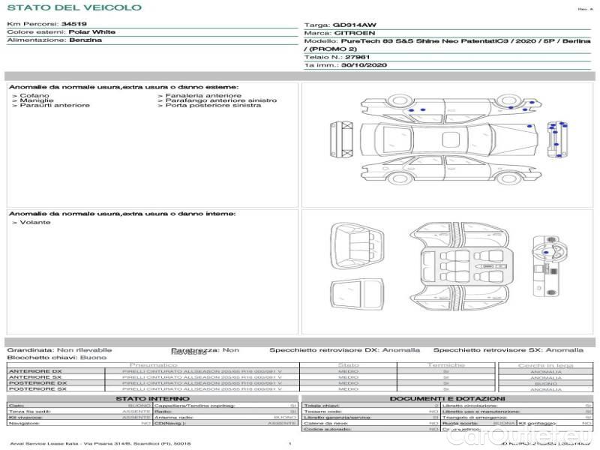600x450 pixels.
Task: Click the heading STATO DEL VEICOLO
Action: tap(73, 7)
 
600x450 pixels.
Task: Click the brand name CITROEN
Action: tap(350, 33)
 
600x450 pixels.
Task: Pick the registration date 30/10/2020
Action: tap(365, 65)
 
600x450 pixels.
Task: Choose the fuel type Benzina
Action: tap(85, 40)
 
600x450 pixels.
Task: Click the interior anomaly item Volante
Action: tap(34, 223)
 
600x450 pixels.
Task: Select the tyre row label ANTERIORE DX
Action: tap(35, 371)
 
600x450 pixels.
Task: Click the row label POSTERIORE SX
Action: tap(36, 388)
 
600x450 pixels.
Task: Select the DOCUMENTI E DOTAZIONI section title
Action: tap(447, 398)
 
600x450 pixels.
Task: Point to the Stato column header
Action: tap(349, 365)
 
